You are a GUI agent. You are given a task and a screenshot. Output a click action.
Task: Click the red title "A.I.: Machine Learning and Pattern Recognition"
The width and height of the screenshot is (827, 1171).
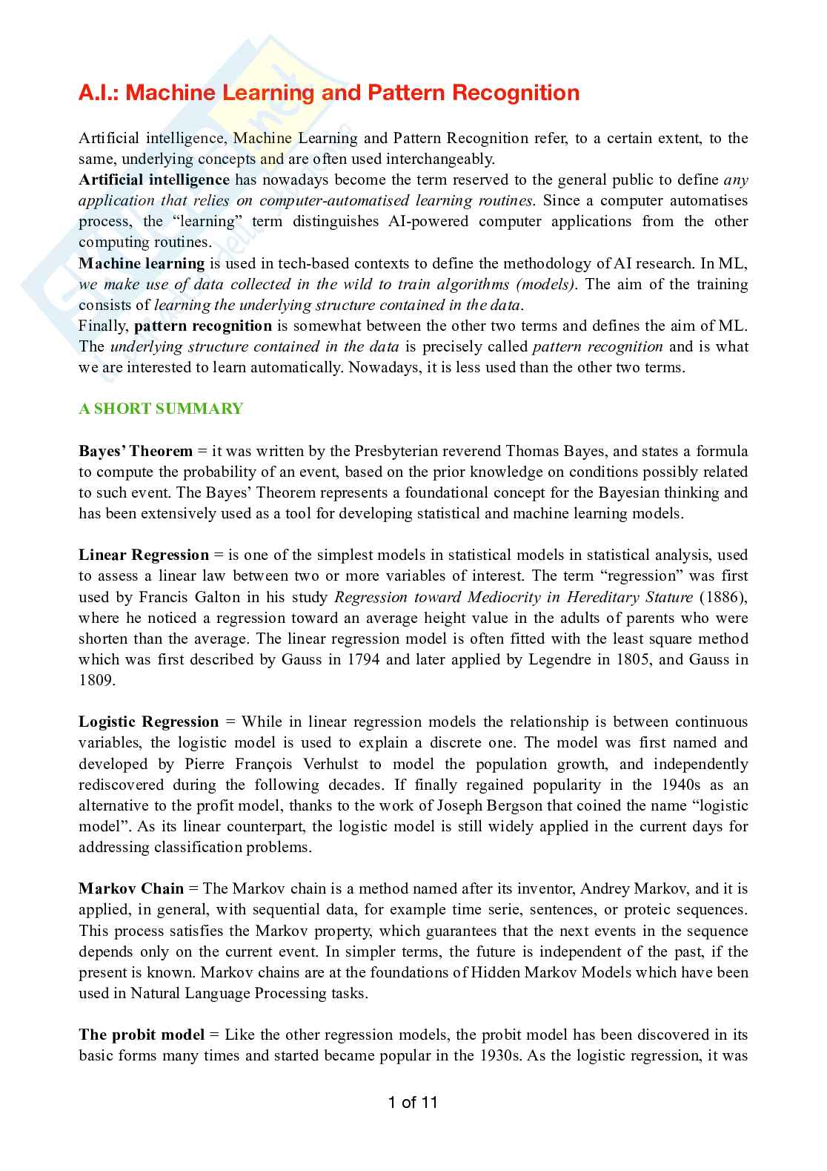[x=329, y=93]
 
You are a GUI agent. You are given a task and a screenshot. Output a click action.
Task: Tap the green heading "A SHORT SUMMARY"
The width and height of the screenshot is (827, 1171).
[x=161, y=409]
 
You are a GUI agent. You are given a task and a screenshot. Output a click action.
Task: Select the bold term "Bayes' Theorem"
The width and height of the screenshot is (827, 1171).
[x=136, y=451]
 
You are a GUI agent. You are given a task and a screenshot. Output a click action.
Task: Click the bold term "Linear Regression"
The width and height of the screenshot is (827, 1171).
[x=144, y=555]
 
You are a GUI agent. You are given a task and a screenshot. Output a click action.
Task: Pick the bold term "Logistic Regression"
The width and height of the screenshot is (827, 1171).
[x=148, y=722]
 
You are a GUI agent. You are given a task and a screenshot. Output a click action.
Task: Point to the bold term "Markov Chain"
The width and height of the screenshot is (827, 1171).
[x=131, y=888]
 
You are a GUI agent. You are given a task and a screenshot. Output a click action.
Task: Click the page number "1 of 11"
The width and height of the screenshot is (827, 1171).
[x=413, y=1102]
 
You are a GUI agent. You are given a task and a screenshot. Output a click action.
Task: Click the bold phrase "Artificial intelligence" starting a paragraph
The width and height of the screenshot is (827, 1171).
[x=154, y=179]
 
